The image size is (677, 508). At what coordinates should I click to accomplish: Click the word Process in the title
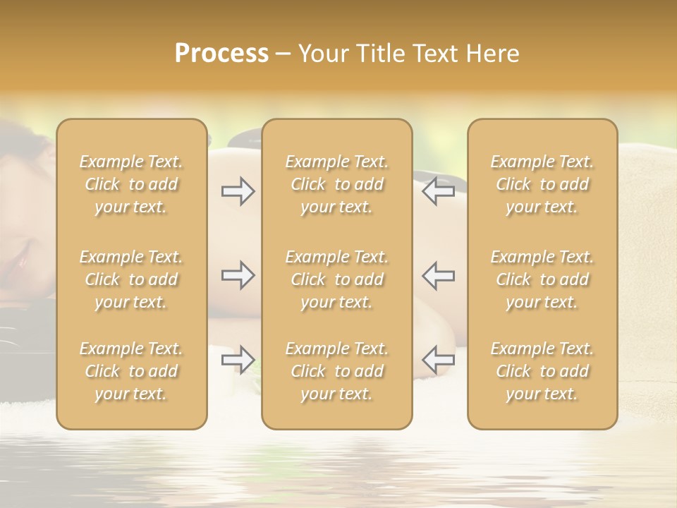[221, 54]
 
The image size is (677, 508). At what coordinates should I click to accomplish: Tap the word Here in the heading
[492, 54]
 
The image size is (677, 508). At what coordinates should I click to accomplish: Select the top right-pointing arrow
[238, 191]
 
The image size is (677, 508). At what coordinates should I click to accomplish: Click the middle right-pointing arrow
[238, 275]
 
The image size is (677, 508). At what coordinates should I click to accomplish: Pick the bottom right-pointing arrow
[238, 360]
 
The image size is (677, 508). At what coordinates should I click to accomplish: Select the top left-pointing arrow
[439, 191]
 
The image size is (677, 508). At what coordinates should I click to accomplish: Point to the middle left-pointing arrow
[439, 275]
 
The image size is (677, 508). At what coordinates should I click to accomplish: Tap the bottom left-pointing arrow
[439, 360]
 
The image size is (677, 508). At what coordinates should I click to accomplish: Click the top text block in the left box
[131, 184]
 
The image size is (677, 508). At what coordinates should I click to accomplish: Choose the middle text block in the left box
[131, 279]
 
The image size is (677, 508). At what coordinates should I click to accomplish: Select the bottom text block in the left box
[131, 371]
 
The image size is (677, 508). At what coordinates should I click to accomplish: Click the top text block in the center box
[336, 184]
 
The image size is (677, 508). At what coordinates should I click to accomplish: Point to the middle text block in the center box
[336, 279]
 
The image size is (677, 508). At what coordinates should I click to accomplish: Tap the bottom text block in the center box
[336, 371]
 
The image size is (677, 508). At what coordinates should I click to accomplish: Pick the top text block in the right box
[542, 184]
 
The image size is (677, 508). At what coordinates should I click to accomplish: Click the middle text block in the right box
[542, 279]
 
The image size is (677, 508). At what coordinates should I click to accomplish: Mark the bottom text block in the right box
[542, 371]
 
